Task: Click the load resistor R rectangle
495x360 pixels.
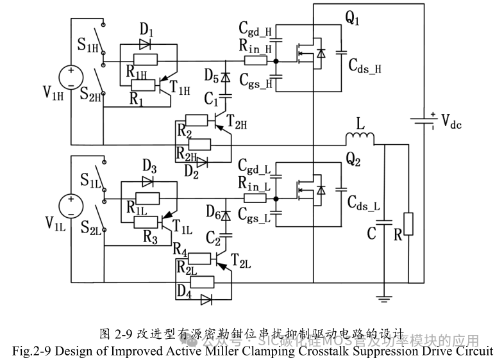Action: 409,225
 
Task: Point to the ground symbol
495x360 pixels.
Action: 383,296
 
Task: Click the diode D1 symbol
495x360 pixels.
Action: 144,45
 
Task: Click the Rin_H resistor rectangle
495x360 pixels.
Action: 255,61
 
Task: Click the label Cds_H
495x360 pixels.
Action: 365,66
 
